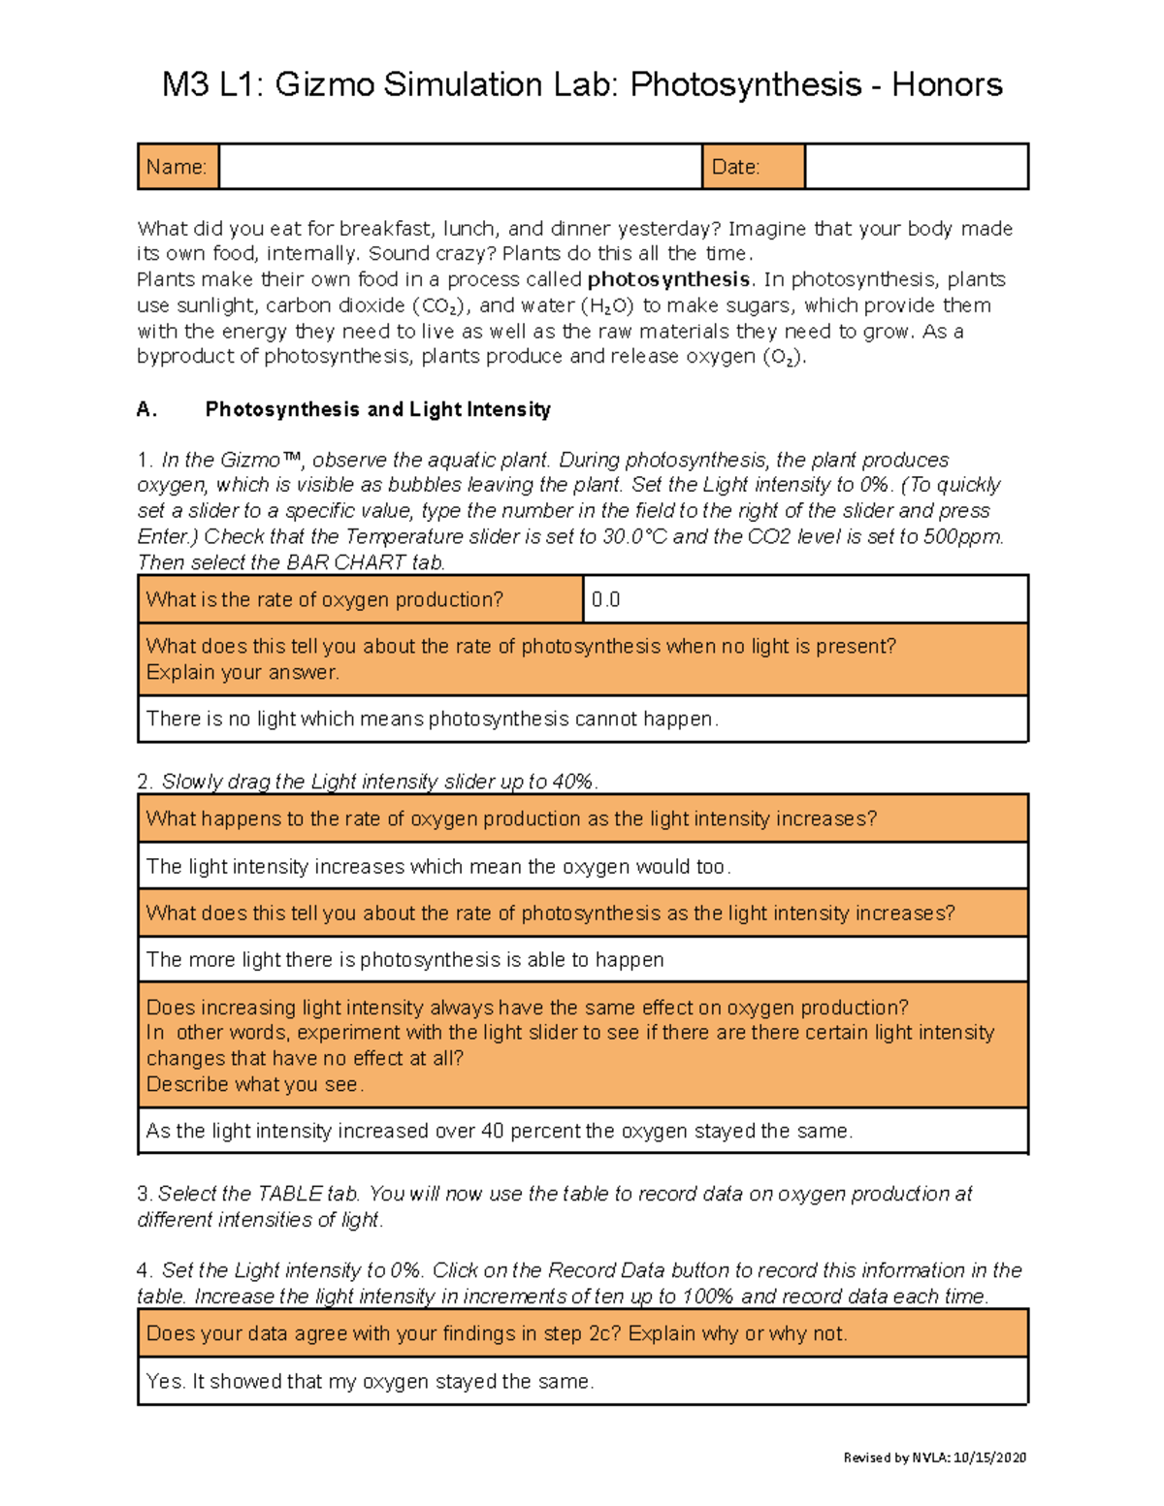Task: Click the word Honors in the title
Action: [x=947, y=85]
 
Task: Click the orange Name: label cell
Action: [x=178, y=167]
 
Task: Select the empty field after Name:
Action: [x=460, y=167]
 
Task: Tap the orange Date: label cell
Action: [x=753, y=167]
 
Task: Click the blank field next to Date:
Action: [x=916, y=167]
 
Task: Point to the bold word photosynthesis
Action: [x=668, y=280]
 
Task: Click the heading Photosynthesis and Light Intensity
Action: [x=377, y=409]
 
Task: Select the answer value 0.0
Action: [x=606, y=600]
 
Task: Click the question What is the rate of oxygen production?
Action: [x=325, y=600]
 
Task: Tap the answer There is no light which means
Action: [x=432, y=720]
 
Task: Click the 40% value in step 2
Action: [x=572, y=782]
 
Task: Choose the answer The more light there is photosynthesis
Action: [x=404, y=960]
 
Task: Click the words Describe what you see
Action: [x=254, y=1085]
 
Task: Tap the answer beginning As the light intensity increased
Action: [x=499, y=1132]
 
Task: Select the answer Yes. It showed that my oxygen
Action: [x=370, y=1382]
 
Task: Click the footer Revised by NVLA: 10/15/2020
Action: [x=934, y=1458]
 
